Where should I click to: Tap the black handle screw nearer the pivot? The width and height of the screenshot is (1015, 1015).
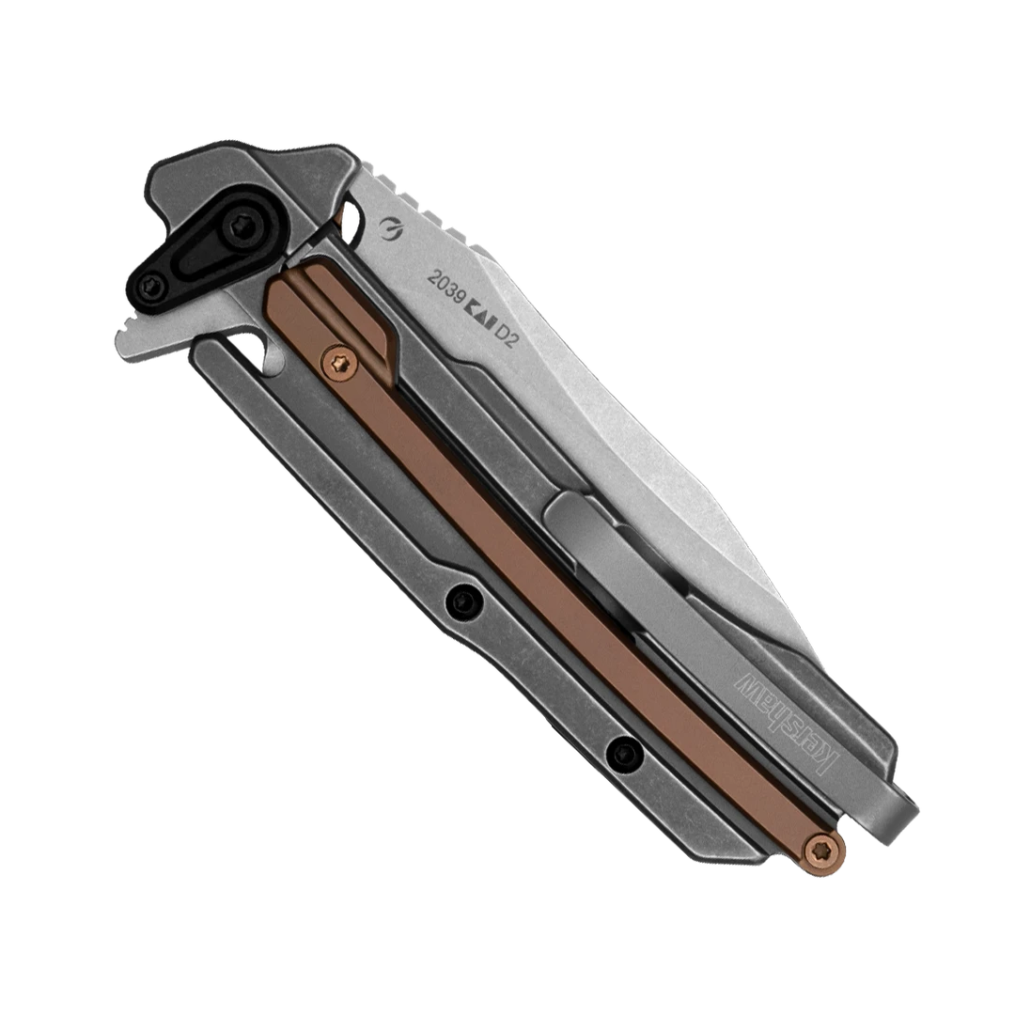pyautogui.click(x=460, y=595)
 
